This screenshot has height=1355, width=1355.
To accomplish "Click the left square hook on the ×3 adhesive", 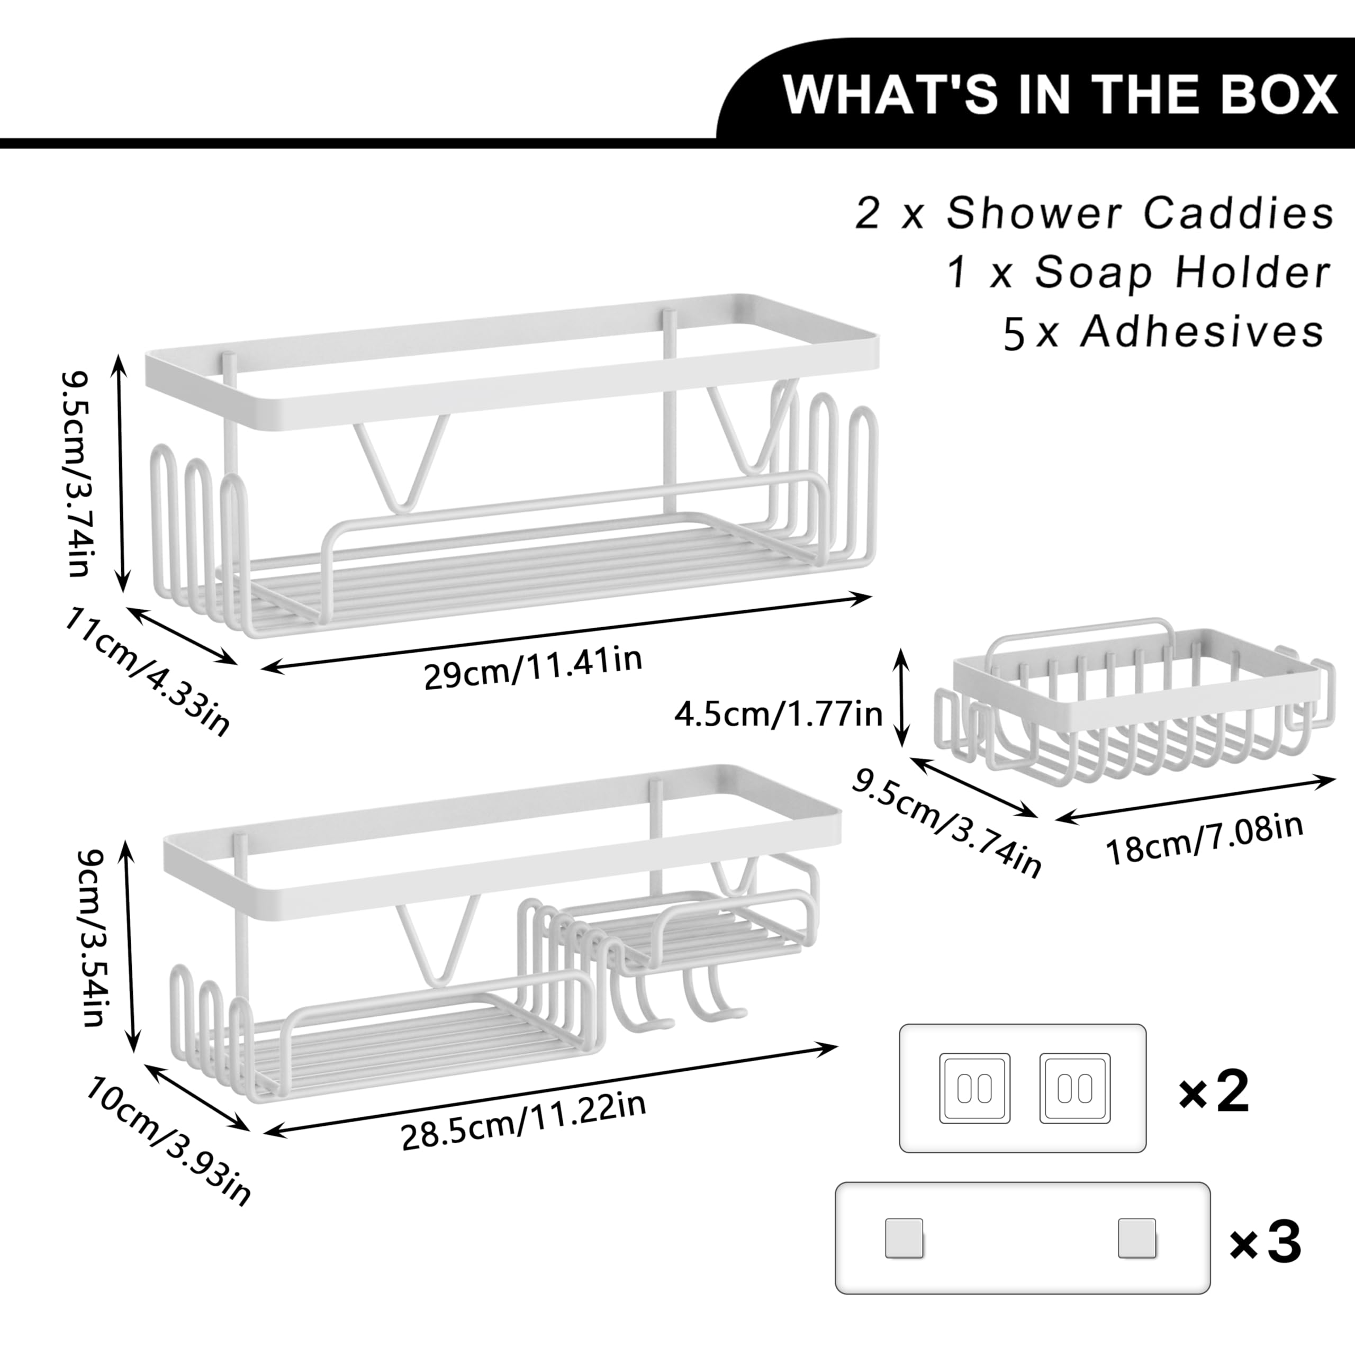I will pos(904,1238).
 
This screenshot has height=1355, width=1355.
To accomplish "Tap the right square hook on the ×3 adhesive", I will pos(1137,1238).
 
